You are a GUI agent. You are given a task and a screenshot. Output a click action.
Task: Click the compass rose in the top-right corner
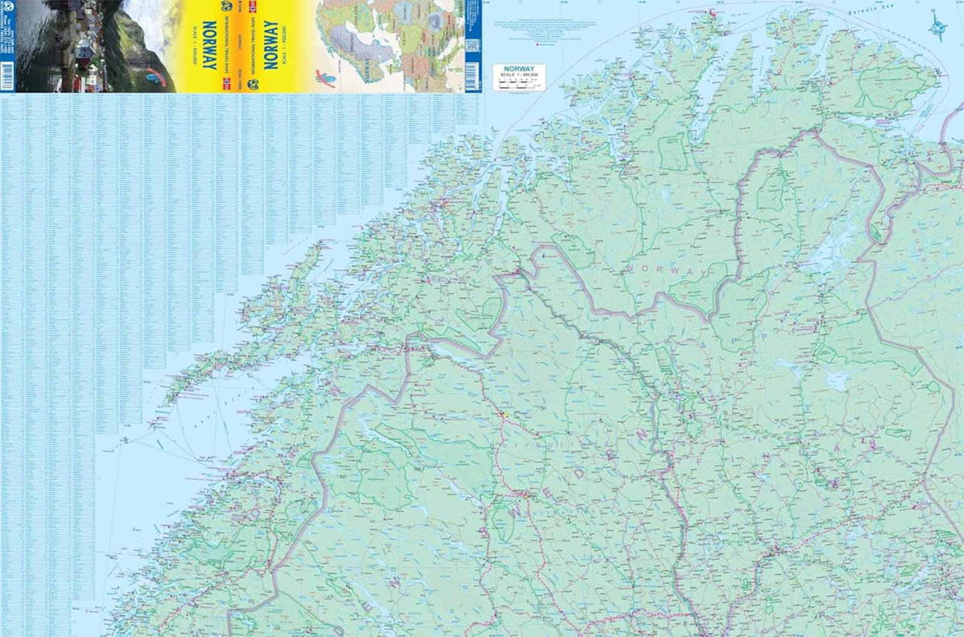[939, 27]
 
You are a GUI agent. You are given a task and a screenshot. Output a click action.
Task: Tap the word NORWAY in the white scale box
[518, 69]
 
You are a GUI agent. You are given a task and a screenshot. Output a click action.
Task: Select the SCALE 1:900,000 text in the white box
[518, 75]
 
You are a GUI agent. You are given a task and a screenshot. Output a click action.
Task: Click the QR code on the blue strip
[472, 47]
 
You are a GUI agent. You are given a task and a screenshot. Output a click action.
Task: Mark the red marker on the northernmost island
[711, 11]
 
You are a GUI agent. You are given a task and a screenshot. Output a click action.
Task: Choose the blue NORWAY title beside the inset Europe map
[270, 45]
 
